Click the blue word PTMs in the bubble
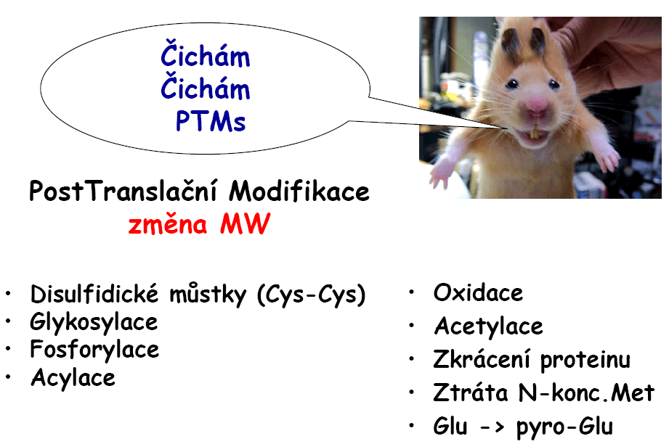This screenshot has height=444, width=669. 211,121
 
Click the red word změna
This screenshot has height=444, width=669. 167,223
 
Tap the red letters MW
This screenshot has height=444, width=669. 246,223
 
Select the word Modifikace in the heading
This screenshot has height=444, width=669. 299,192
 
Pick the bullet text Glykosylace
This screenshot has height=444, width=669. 94,323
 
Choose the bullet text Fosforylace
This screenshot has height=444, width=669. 94,350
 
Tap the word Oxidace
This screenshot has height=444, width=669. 478,292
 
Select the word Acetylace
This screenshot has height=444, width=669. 489,326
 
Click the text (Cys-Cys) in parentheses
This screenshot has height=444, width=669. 312,295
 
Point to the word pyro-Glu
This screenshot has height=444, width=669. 565,427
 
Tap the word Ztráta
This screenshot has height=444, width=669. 471,392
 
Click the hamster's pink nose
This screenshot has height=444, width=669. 538,104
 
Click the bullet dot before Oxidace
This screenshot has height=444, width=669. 412,292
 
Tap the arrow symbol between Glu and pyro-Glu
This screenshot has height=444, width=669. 492,427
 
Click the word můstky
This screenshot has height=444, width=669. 208,295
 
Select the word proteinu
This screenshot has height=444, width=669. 585,361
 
